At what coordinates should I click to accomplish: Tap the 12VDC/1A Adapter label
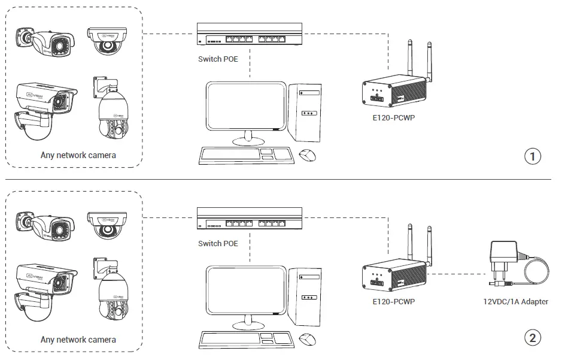point(515,301)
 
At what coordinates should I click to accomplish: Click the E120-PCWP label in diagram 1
point(393,117)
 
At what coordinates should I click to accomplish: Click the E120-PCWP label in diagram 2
point(393,301)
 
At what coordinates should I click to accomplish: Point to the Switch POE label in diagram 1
point(218,59)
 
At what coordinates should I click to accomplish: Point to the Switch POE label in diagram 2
point(218,243)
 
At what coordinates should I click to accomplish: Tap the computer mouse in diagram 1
point(308,156)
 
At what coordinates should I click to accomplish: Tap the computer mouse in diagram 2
point(308,340)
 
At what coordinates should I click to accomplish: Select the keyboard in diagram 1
point(245,156)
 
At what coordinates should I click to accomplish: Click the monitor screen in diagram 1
point(245,106)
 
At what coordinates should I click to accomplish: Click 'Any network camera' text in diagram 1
point(78,155)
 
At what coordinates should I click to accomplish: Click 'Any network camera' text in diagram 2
point(78,340)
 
